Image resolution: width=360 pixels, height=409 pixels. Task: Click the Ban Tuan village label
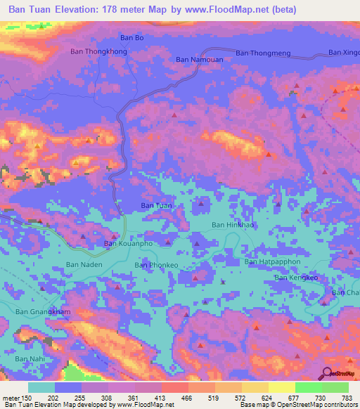tap(156, 205)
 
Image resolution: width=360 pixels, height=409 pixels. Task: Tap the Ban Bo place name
tap(131, 37)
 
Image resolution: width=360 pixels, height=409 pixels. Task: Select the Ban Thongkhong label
tap(99, 51)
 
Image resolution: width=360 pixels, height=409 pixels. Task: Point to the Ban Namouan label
tap(198, 61)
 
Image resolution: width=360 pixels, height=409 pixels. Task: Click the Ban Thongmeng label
tap(264, 53)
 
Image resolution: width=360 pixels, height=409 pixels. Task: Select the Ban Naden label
tap(84, 264)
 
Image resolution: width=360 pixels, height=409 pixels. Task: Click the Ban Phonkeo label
tap(155, 265)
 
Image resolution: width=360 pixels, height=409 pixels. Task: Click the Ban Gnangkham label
tap(44, 311)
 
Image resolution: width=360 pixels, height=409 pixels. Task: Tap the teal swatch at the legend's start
tap(41, 387)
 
